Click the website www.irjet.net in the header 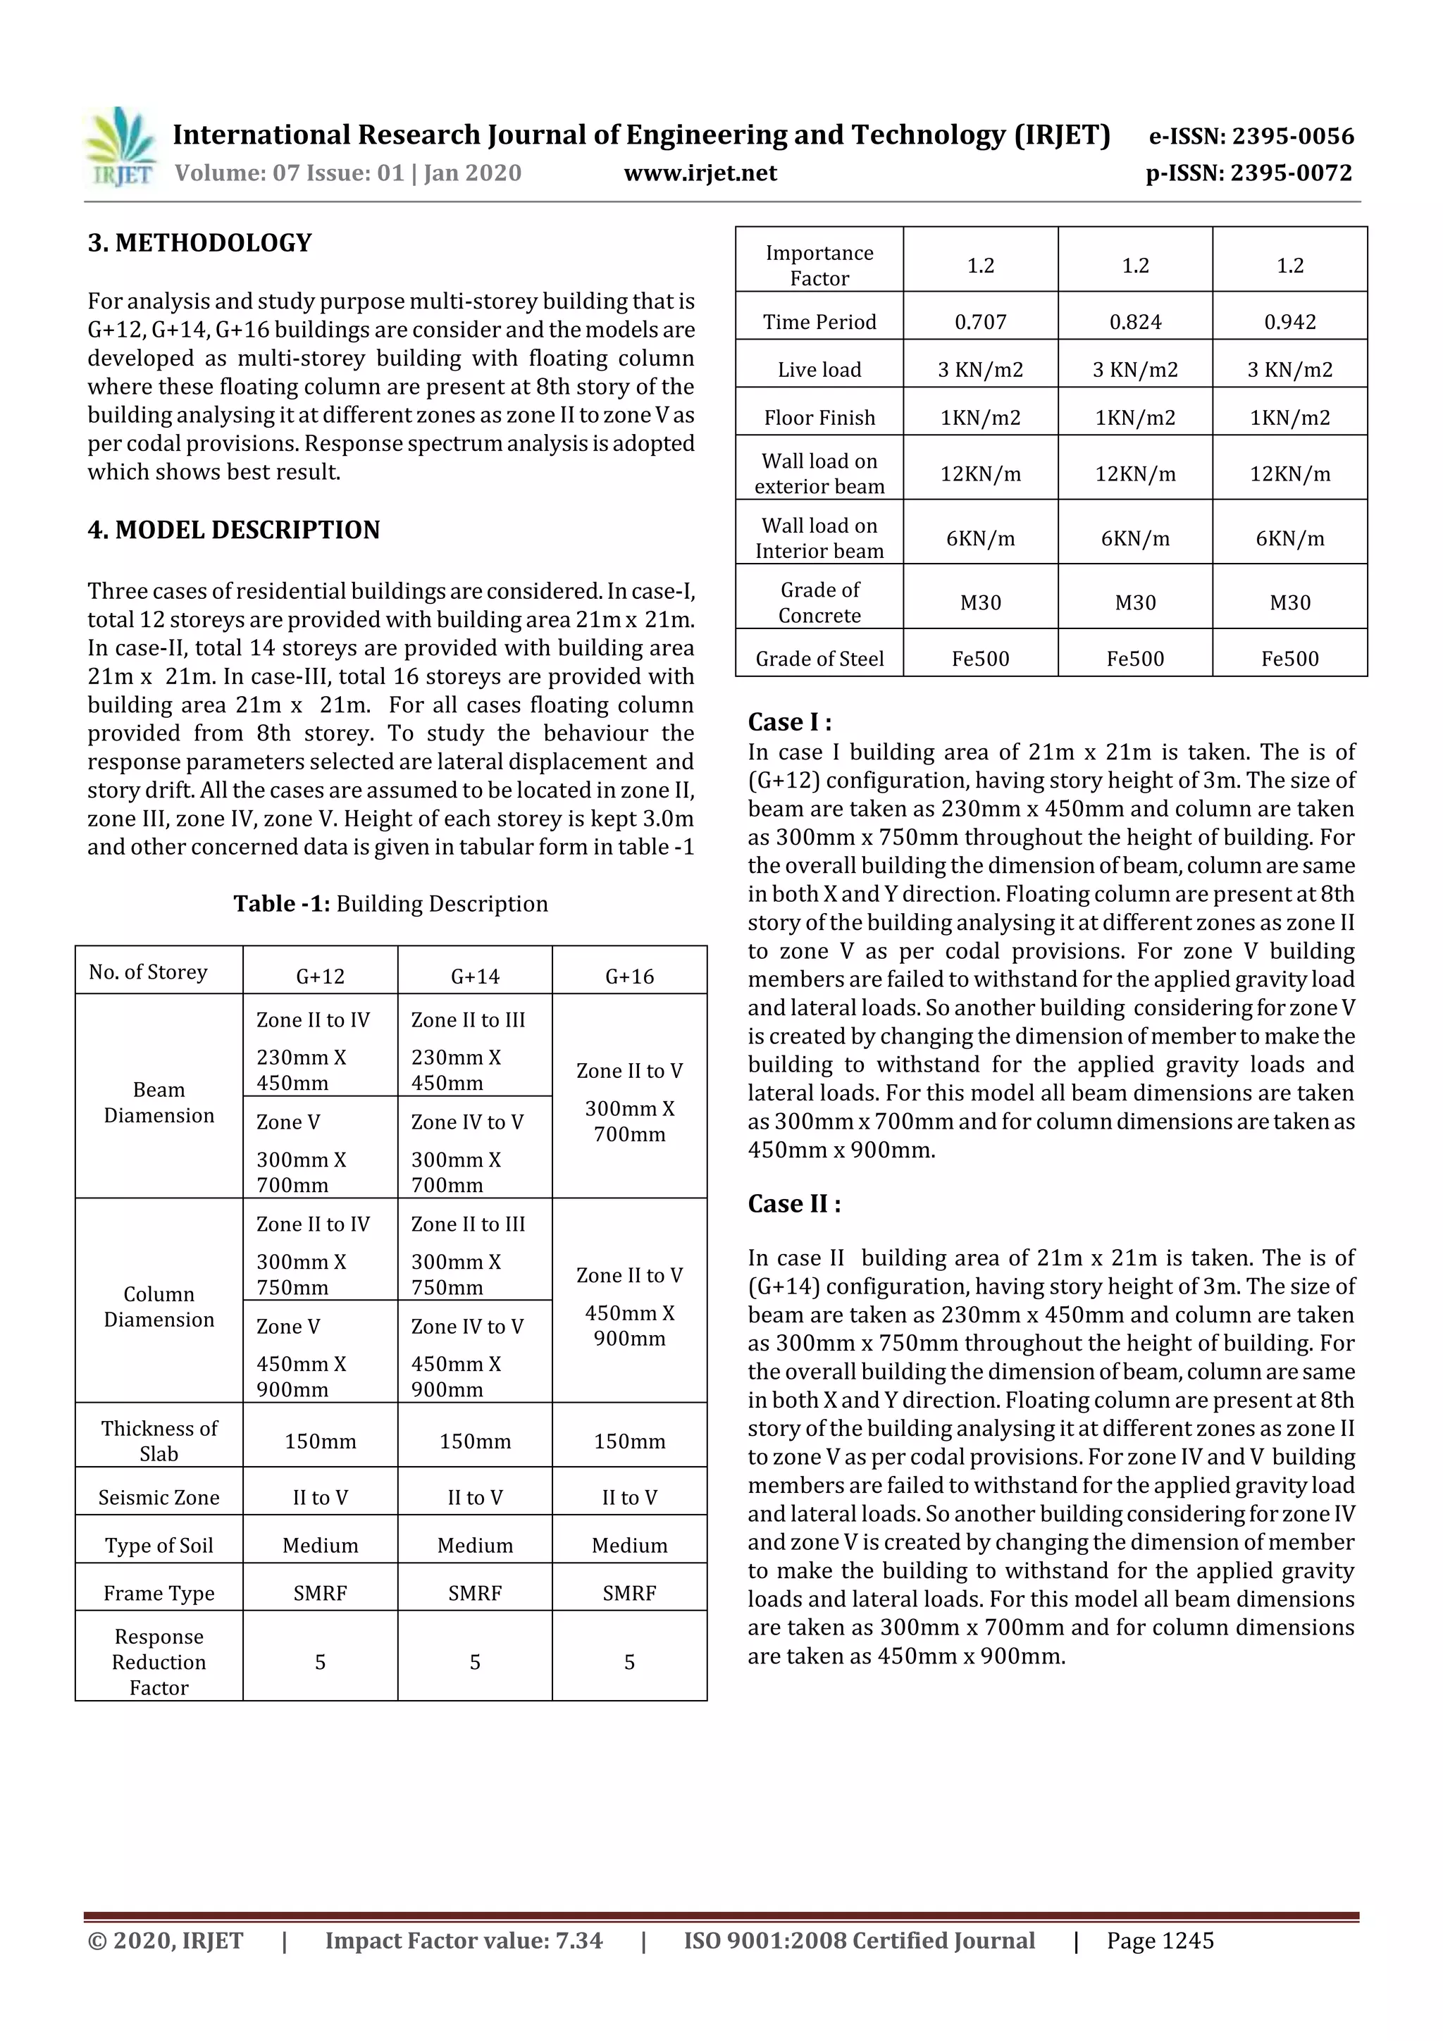pyautogui.click(x=700, y=173)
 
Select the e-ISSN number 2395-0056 pyautogui.click(x=1251, y=137)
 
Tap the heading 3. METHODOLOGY pyautogui.click(x=199, y=242)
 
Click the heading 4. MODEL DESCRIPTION pyautogui.click(x=233, y=530)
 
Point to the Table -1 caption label pyautogui.click(x=281, y=904)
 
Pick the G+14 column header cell pyautogui.click(x=475, y=976)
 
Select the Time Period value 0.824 pyautogui.click(x=1134, y=322)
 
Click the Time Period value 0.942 pyautogui.click(x=1289, y=322)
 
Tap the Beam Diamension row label pyautogui.click(x=159, y=1103)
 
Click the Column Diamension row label pyautogui.click(x=159, y=1307)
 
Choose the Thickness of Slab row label pyautogui.click(x=159, y=1441)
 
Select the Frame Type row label pyautogui.click(x=159, y=1593)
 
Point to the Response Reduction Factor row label pyautogui.click(x=159, y=1661)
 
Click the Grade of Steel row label pyautogui.click(x=819, y=659)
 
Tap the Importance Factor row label pyautogui.click(x=819, y=265)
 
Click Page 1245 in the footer pyautogui.click(x=1159, y=1940)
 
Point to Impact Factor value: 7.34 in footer pyautogui.click(x=463, y=1940)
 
